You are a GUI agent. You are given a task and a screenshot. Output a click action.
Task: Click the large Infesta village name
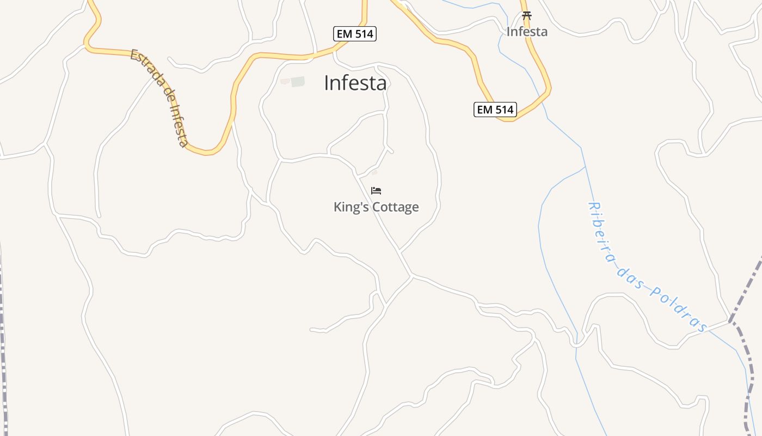pyautogui.click(x=355, y=83)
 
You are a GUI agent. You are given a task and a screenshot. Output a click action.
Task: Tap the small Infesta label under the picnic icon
pyautogui.click(x=527, y=32)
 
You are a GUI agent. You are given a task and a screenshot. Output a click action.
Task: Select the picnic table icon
pyautogui.click(x=526, y=16)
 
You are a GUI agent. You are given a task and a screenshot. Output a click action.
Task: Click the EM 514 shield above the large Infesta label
pyautogui.click(x=355, y=34)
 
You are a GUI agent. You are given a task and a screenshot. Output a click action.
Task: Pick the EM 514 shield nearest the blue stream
pyautogui.click(x=494, y=110)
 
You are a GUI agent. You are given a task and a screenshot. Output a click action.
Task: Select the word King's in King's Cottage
pyautogui.click(x=349, y=207)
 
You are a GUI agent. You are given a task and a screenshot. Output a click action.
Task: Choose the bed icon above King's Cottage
pyautogui.click(x=376, y=191)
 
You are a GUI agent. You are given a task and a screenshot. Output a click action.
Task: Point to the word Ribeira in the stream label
pyautogui.click(x=603, y=233)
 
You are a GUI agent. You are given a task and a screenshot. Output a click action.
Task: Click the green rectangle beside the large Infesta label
pyautogui.click(x=298, y=82)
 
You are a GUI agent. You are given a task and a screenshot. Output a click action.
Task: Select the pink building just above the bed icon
pyautogui.click(x=374, y=172)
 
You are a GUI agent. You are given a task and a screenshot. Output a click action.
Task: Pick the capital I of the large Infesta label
pyautogui.click(x=327, y=83)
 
